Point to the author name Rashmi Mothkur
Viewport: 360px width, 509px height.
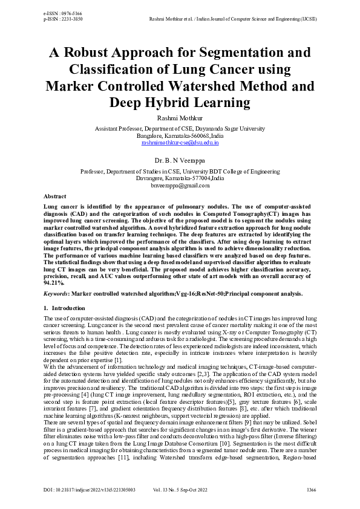180,119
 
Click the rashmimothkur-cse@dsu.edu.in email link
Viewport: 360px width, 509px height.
180,143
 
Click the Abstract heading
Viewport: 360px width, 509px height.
56,197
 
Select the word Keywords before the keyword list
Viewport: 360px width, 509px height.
56,293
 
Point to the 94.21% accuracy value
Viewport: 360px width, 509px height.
54,282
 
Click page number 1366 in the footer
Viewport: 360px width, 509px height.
310,488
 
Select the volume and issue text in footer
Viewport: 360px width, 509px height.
180,488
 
